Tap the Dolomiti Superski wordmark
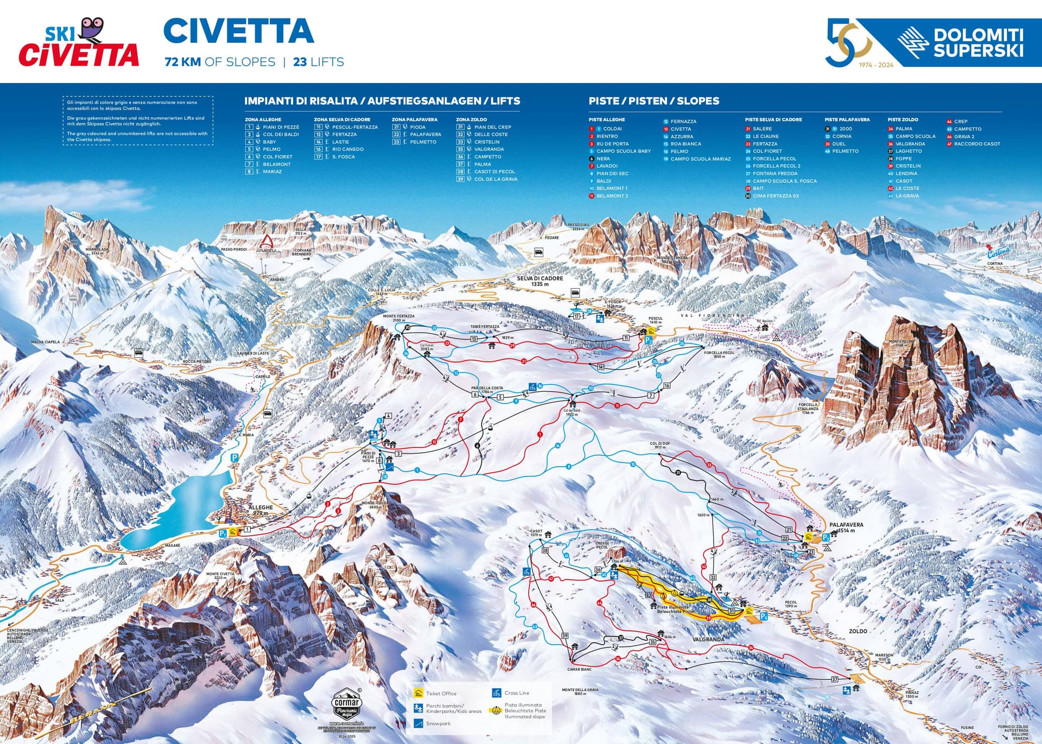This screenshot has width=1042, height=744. click(x=978, y=43)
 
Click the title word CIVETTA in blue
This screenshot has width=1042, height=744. click(x=239, y=31)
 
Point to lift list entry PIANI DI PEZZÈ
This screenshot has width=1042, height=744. click(x=280, y=127)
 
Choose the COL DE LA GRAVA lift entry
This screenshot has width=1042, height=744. click(x=495, y=179)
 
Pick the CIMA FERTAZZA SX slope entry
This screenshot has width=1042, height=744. click(x=775, y=196)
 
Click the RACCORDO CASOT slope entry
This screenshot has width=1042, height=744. click(x=976, y=144)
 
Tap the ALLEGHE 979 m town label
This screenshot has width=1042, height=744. click(x=260, y=510)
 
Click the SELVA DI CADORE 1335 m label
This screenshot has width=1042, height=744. click(x=539, y=281)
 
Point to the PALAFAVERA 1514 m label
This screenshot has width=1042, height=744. click(x=846, y=527)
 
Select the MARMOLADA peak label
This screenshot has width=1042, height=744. click(x=97, y=251)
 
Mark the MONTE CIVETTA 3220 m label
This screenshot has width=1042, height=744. click(x=220, y=575)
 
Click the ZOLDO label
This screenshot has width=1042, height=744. click(x=858, y=631)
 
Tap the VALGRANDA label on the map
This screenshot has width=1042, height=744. click(x=708, y=639)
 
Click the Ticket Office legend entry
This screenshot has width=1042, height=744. click(x=440, y=694)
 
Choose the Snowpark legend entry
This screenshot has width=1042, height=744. click(x=437, y=723)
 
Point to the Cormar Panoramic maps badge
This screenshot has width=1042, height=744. click(x=346, y=705)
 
